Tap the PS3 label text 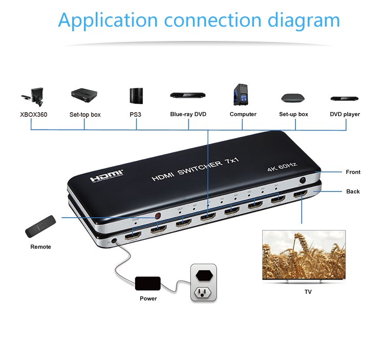click(135, 114)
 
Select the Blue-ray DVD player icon click(187, 95)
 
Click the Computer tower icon click(242, 94)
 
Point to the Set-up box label click(293, 114)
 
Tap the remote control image click(40, 226)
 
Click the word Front click(353, 172)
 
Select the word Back click(353, 192)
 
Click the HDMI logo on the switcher click(106, 177)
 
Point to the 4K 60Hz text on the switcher click(282, 167)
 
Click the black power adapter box click(147, 283)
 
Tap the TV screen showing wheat click(304, 254)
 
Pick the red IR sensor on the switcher click(158, 216)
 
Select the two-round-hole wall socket click(204, 272)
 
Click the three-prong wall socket click(204, 292)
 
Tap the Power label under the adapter click(148, 298)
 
